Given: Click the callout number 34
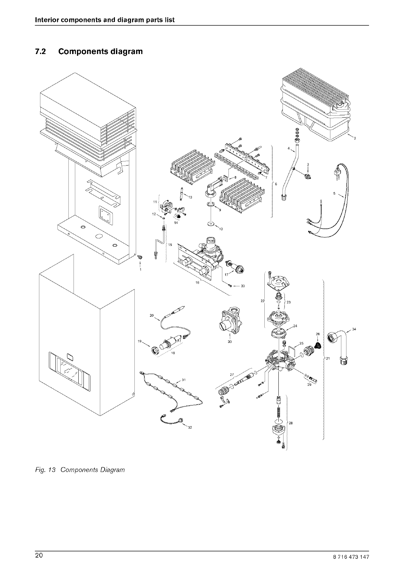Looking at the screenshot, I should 354,329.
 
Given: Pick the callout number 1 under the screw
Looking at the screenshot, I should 140,270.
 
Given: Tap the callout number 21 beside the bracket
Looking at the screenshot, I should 328,358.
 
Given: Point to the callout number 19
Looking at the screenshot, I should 139,341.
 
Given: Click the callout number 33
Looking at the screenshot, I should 242,286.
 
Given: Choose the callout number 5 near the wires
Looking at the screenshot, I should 334,194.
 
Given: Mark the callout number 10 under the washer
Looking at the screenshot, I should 221,229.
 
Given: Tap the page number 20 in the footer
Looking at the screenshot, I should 38,555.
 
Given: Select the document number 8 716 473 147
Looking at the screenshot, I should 352,557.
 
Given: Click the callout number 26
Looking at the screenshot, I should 317,333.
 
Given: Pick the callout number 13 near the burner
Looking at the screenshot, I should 190,197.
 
